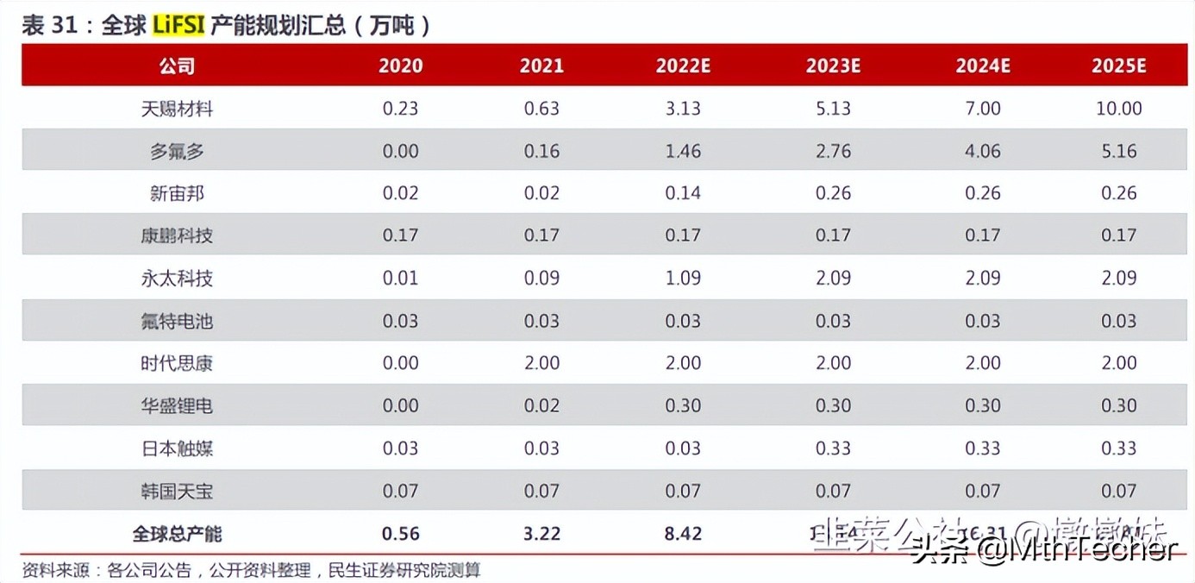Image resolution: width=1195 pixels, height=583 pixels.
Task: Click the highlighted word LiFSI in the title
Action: (x=178, y=25)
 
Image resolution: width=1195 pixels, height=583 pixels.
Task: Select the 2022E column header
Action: (x=683, y=66)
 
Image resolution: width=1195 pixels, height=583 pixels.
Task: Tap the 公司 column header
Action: (x=177, y=66)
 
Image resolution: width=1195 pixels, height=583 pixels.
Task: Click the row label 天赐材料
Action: (x=177, y=109)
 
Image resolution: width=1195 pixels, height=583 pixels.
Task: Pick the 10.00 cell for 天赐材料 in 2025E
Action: (x=1118, y=109)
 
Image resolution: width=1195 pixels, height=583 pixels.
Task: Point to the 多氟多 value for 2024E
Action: (x=983, y=151)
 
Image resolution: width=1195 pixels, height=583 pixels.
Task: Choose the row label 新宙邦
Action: (x=177, y=193)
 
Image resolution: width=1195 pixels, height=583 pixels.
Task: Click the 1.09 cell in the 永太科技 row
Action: (x=683, y=278)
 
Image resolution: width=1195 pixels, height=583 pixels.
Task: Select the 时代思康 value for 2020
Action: (x=401, y=363)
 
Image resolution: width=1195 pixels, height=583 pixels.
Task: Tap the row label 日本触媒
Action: (x=177, y=448)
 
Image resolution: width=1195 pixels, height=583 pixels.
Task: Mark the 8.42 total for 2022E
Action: (x=683, y=534)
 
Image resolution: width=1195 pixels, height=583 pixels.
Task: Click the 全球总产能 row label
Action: (x=177, y=534)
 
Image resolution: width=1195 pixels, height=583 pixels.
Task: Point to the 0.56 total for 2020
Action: (x=401, y=534)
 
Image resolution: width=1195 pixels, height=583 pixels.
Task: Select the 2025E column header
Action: (x=1118, y=66)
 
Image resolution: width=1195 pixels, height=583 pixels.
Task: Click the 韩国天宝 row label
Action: (x=177, y=492)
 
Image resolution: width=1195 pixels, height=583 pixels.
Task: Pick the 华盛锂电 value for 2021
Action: (x=541, y=405)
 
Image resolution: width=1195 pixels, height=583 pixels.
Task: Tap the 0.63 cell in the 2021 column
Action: (x=541, y=109)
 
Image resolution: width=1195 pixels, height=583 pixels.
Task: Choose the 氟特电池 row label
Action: (x=177, y=321)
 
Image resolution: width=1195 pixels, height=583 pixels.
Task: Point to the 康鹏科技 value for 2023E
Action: (x=834, y=235)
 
